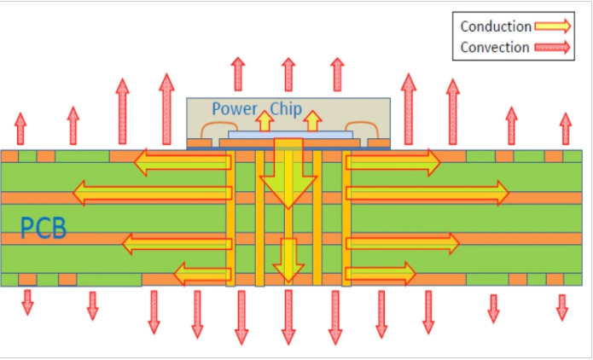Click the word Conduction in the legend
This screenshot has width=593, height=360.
(496, 26)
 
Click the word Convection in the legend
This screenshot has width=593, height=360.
(495, 48)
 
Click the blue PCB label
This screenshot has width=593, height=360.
(44, 229)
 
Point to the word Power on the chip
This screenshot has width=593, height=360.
(235, 108)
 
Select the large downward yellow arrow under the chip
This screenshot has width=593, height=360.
(288, 175)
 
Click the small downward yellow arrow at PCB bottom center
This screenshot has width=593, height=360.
(288, 259)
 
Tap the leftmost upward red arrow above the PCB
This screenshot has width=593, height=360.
(20, 129)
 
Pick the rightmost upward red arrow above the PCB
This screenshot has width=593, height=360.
(565, 129)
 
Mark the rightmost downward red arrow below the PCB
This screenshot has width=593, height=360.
(561, 306)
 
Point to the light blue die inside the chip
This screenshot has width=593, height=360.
(288, 135)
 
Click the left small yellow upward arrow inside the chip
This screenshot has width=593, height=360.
(265, 121)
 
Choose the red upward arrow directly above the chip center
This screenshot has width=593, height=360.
(288, 74)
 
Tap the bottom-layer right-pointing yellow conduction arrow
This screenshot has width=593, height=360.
(381, 273)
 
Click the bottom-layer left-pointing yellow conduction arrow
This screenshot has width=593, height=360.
(202, 274)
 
